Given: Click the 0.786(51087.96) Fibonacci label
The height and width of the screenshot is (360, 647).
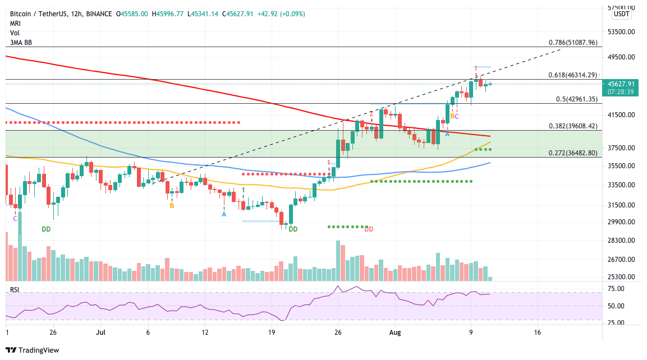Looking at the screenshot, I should click(573, 42).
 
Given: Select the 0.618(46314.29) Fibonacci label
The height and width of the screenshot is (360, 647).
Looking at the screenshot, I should click(573, 75).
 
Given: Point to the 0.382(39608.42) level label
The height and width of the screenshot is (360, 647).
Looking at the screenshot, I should click(573, 126).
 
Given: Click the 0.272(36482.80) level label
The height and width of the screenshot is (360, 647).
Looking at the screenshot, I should click(573, 153).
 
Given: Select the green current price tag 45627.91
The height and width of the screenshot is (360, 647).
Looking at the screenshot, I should click(620, 84).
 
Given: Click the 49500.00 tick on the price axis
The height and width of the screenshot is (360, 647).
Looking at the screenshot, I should click(620, 57).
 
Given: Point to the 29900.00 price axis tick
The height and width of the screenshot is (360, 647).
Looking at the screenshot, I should click(620, 222).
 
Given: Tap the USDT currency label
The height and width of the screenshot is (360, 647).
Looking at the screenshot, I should click(621, 14).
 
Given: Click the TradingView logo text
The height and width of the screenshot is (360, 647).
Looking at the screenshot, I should click(38, 350).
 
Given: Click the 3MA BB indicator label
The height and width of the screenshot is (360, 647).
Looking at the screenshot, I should click(21, 42).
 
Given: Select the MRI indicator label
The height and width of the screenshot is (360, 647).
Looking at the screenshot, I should click(15, 24).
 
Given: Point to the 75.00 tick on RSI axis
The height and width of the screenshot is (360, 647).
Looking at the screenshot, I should click(617, 289).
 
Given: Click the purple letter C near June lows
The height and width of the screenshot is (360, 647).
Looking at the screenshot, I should click(15, 219).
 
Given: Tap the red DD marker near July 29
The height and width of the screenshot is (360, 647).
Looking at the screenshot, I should click(369, 229).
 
